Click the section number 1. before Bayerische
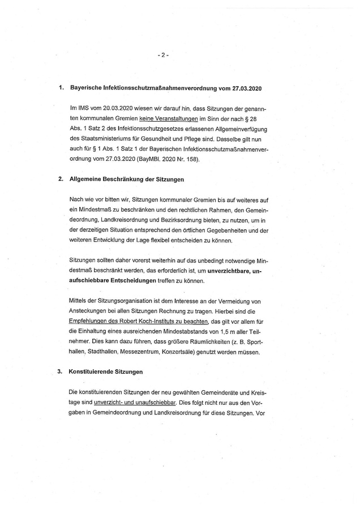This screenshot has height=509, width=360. click(x=61, y=89)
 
